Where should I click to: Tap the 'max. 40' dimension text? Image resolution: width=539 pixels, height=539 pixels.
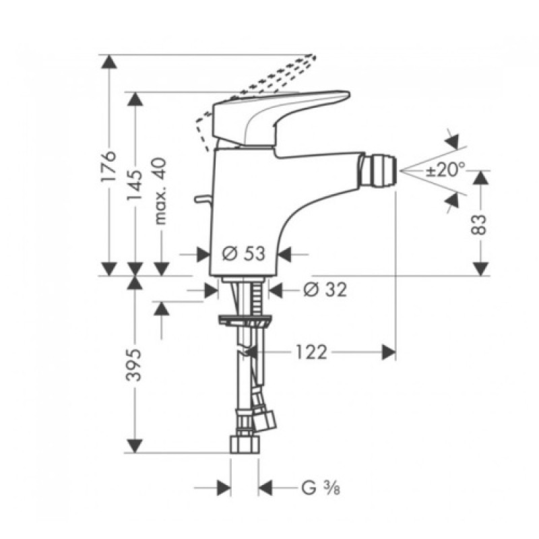(160, 192)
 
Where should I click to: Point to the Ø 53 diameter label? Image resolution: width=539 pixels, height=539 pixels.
(243, 253)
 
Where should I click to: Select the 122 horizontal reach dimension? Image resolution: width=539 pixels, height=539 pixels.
(310, 352)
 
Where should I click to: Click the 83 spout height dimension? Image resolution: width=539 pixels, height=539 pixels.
(480, 222)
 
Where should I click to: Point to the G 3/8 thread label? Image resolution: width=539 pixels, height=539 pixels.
(317, 486)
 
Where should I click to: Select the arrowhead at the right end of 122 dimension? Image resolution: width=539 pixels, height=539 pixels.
(388, 352)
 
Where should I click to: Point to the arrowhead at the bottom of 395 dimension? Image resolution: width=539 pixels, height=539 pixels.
(135, 445)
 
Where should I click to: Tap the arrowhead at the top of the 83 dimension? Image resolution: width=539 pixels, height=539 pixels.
(480, 177)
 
